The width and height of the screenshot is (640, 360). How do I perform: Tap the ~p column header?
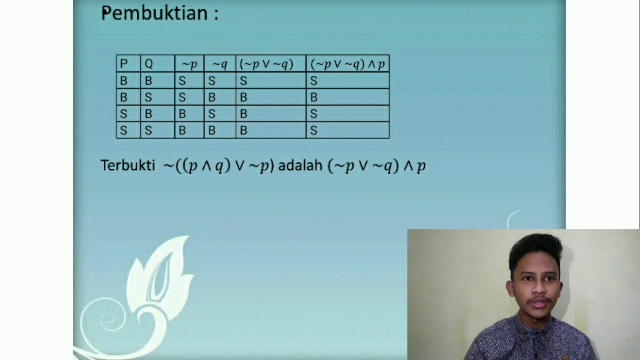click(x=189, y=64)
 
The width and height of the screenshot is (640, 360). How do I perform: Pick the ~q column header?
click(x=220, y=64)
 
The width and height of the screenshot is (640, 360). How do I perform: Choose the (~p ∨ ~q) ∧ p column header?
click(x=347, y=64)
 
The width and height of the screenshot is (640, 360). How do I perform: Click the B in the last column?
click(x=314, y=97)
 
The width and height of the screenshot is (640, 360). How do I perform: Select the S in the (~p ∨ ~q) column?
click(x=244, y=81)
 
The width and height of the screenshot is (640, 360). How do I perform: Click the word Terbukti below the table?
click(x=128, y=166)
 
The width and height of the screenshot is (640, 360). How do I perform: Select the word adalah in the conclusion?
click(x=300, y=166)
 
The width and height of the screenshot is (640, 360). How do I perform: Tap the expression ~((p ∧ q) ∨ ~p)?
click(x=219, y=166)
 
